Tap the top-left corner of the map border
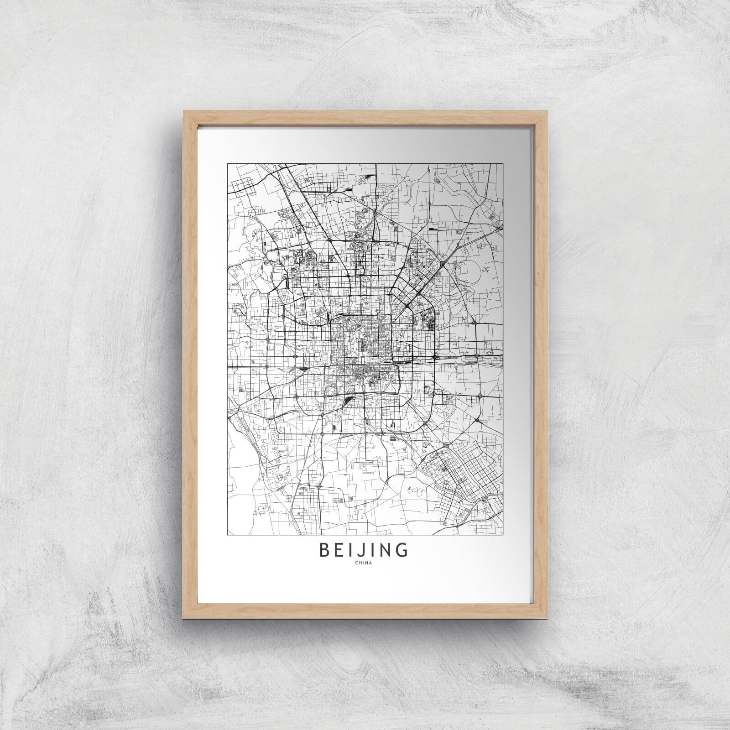tap(228, 163)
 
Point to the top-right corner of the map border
tap(503, 163)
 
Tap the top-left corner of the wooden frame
tap(182, 109)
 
